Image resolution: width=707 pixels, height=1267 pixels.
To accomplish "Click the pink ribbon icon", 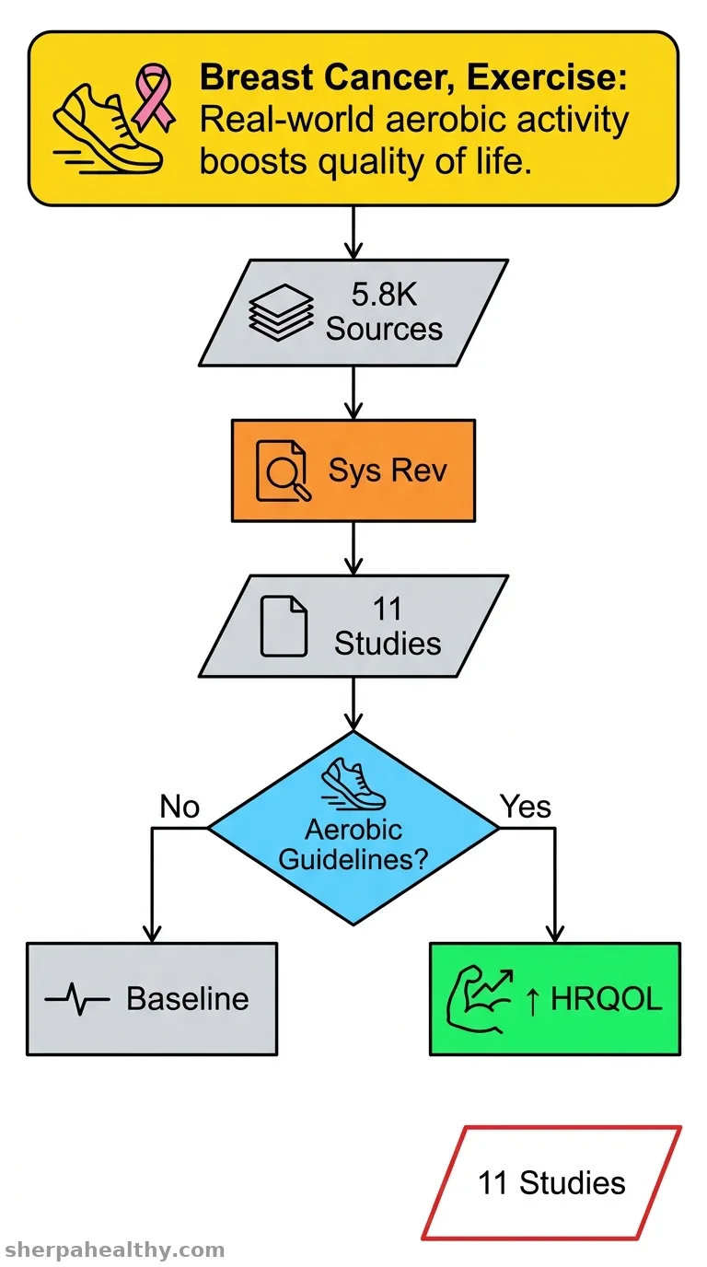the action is click(154, 97).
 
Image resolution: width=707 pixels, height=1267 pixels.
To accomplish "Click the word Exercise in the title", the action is click(547, 77).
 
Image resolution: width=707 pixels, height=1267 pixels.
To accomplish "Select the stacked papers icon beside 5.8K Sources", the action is click(281, 312).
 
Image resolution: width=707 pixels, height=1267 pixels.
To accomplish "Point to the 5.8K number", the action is click(384, 294).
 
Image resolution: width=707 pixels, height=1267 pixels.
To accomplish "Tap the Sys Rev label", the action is click(388, 471).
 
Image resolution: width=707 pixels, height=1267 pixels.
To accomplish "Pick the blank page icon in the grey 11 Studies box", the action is click(284, 626).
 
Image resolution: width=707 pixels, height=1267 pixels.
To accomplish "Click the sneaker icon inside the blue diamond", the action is click(353, 784).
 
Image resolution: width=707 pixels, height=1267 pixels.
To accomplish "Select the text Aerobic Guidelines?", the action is click(353, 845).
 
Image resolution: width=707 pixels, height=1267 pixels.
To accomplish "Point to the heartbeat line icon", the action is click(77, 999).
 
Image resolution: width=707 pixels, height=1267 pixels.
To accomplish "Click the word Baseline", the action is click(187, 999).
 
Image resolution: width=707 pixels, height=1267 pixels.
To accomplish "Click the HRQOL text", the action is click(606, 999).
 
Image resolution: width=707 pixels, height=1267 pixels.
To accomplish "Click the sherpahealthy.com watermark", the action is click(115, 1250).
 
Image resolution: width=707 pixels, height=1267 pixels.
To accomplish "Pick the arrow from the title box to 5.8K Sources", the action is click(353, 232).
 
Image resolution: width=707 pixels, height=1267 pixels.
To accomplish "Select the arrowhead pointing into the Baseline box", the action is click(152, 934).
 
